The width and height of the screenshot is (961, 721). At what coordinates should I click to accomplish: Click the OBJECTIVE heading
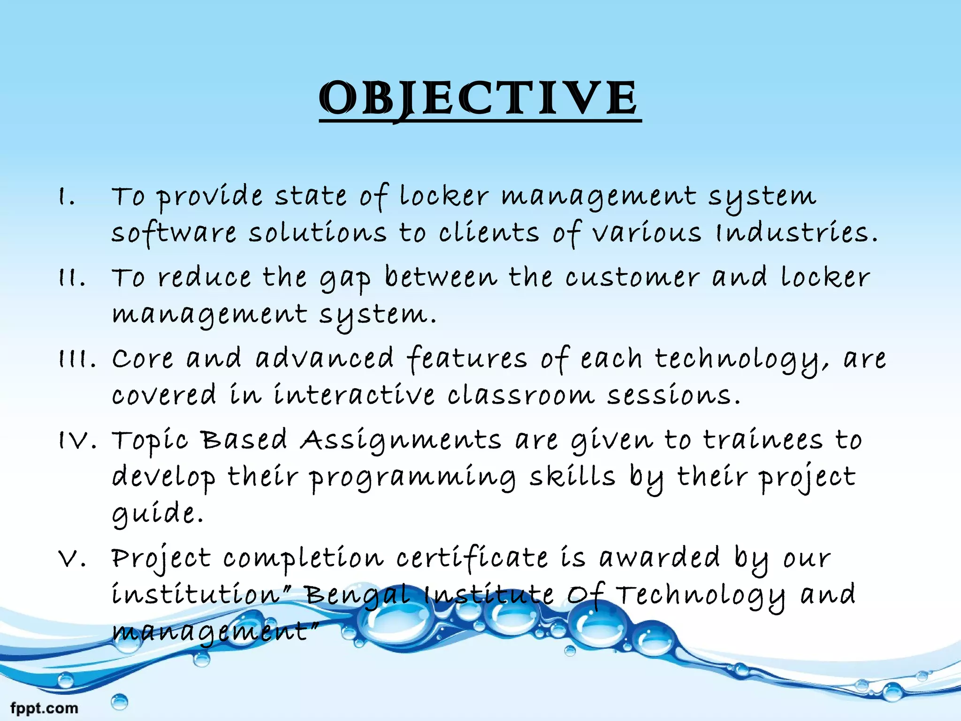[480, 98]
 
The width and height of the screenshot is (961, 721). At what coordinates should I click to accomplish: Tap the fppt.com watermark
[44, 707]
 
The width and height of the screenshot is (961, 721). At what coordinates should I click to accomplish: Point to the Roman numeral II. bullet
[72, 278]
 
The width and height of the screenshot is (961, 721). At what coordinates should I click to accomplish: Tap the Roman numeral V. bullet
[72, 559]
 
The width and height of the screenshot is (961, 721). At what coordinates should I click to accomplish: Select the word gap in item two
[345, 279]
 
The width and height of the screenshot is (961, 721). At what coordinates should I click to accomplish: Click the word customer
[632, 278]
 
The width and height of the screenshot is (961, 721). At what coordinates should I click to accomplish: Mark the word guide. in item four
[157, 513]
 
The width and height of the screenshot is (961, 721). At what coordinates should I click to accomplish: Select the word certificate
[472, 559]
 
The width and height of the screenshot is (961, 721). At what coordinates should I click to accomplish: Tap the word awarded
[659, 559]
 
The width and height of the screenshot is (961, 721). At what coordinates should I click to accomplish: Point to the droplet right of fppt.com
[119, 702]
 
